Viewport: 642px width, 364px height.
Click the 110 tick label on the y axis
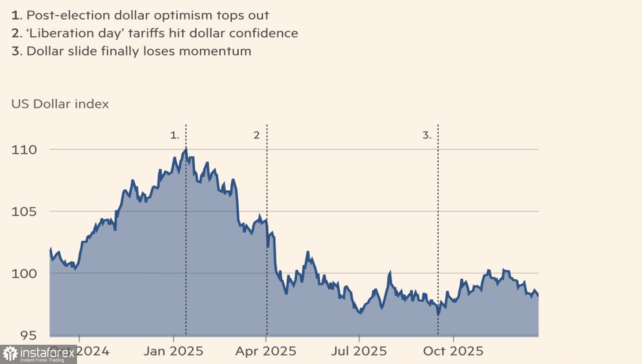pos(24,150)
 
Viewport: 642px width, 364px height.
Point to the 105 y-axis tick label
pos(24,212)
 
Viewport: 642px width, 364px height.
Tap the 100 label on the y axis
pos(24,274)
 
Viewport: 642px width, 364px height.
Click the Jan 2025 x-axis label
pos(173,351)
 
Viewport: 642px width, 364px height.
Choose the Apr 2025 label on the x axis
pos(266,351)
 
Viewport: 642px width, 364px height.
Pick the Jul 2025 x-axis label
pos(359,351)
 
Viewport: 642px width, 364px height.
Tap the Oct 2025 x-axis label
pos(453,351)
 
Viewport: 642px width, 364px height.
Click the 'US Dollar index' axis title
pos(60,104)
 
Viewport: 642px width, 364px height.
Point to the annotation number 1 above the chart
pos(174,135)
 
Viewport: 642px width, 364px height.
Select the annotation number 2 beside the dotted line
pos(256,135)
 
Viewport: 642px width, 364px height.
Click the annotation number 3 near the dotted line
pos(427,135)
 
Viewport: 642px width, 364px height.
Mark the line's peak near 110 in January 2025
pos(186,149)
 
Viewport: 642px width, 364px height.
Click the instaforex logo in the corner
pos(39,354)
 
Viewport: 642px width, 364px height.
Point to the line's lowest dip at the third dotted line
pos(438,314)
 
